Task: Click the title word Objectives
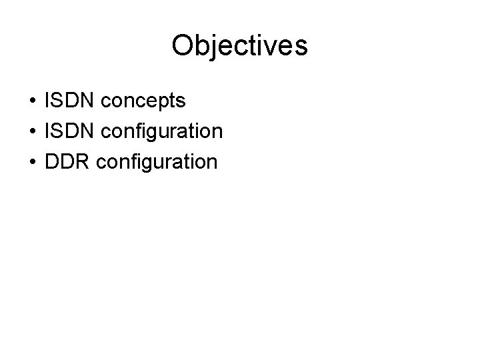pos(239,45)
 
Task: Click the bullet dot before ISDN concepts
pos(33,102)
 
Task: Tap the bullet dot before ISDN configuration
pos(33,132)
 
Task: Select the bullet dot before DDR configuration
pos(33,162)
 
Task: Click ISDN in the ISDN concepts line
pos(70,101)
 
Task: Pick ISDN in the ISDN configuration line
pos(70,131)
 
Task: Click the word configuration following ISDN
pos(162,132)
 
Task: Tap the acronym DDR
pos(67,161)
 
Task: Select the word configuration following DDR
pos(157,162)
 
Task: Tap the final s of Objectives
pos(301,46)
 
